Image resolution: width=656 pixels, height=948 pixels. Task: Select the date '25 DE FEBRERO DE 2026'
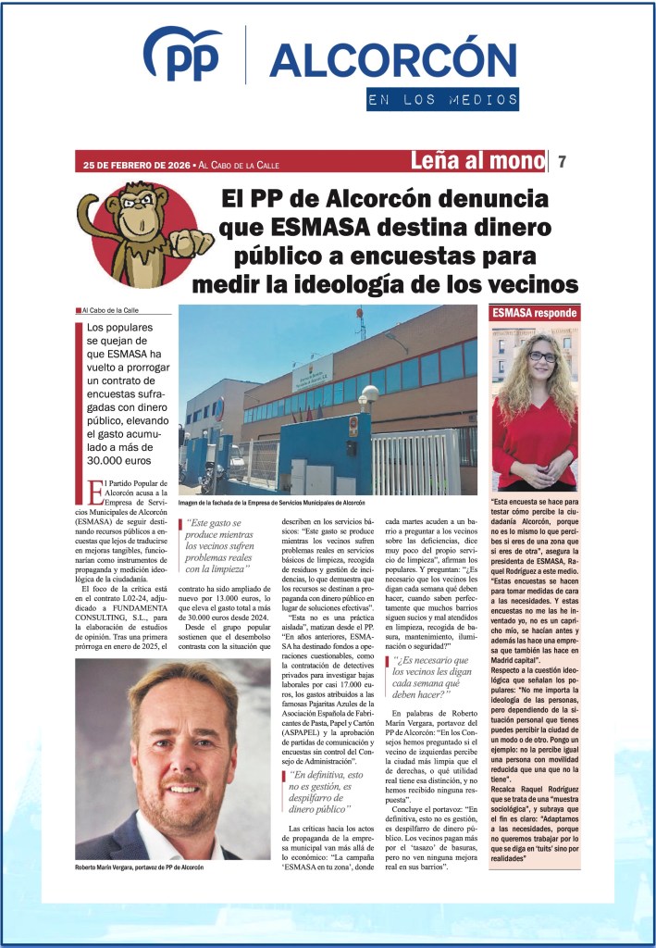[x=136, y=165]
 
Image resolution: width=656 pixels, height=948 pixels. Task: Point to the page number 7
[x=562, y=162]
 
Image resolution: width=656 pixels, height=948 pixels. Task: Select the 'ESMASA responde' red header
[x=536, y=313]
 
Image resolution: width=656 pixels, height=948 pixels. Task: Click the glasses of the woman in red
[x=542, y=356]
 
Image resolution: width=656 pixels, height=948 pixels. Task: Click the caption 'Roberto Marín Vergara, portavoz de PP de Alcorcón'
[x=140, y=867]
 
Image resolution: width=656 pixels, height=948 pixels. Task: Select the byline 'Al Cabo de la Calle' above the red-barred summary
[x=109, y=310]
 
